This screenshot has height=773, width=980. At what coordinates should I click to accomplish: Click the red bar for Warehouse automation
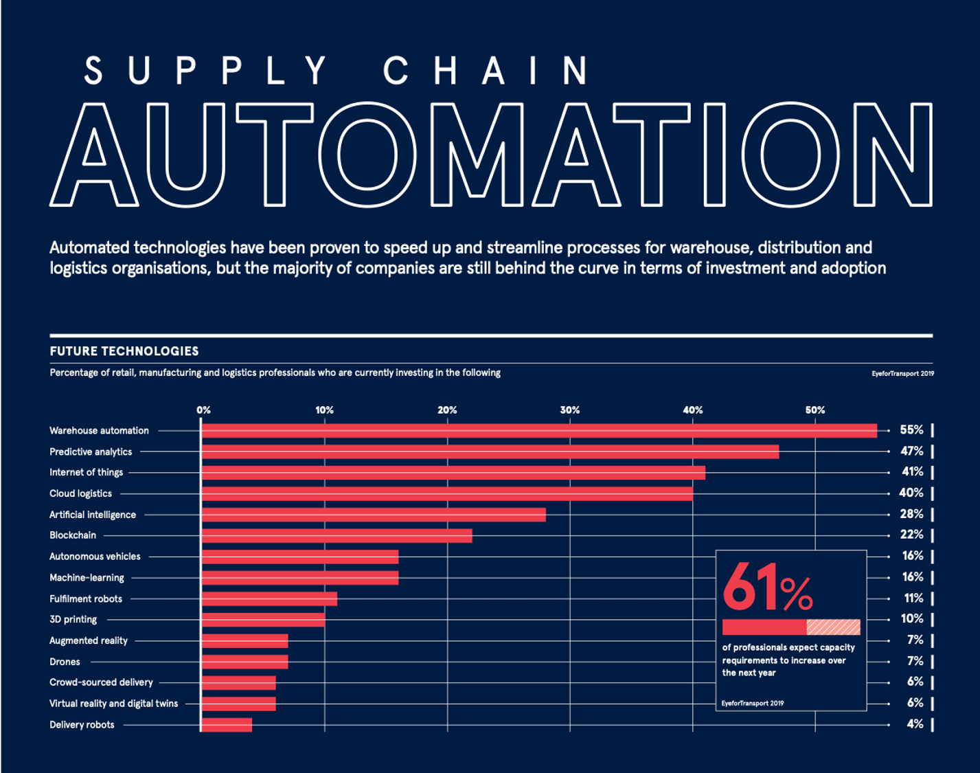539,431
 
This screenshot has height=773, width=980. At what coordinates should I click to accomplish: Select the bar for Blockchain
337,536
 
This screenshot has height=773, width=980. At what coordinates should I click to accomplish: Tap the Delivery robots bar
227,725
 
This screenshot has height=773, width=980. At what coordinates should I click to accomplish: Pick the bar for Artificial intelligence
374,515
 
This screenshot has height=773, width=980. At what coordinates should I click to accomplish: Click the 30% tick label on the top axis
569,410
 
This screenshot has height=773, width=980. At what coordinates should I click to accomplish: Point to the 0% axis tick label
203,410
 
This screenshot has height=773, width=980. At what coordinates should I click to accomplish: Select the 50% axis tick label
814,410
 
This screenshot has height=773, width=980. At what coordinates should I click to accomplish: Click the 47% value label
911,451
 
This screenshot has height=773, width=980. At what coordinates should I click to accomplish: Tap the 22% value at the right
911,535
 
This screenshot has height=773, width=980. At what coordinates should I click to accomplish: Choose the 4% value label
914,724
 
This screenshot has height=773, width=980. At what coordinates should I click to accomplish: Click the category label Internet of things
86,473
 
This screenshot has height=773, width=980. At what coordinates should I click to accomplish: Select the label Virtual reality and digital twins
113,704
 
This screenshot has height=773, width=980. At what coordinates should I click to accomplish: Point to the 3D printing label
73,619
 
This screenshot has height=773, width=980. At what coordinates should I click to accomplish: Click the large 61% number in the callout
767,588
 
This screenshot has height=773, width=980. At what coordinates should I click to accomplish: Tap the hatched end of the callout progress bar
833,627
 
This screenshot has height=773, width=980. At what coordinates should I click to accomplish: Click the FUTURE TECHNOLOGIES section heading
124,351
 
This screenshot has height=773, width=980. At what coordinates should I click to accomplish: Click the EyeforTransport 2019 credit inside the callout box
752,703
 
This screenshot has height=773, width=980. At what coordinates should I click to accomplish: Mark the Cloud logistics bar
447,493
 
